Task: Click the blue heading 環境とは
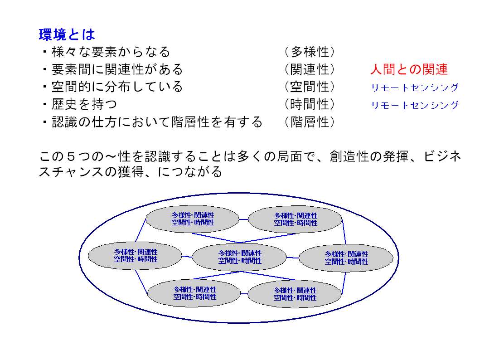[x=67, y=34]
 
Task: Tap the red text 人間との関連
[x=409, y=69]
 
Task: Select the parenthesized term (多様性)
[x=309, y=52]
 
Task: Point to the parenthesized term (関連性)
[x=309, y=69]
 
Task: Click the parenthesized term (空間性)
[x=309, y=87]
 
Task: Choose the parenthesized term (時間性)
[x=309, y=104]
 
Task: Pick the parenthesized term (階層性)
[x=309, y=122]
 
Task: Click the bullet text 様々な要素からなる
[x=111, y=52]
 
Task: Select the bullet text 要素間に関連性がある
[x=117, y=69]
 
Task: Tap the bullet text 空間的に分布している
[x=117, y=87]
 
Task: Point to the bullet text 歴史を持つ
[x=84, y=104]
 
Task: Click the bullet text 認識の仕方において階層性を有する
[x=157, y=122]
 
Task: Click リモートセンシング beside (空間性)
[x=415, y=88]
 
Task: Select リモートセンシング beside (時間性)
[x=415, y=105]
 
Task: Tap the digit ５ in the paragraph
[x=71, y=157]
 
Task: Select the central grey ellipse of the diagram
[x=239, y=257]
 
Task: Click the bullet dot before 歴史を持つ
[x=45, y=104]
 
